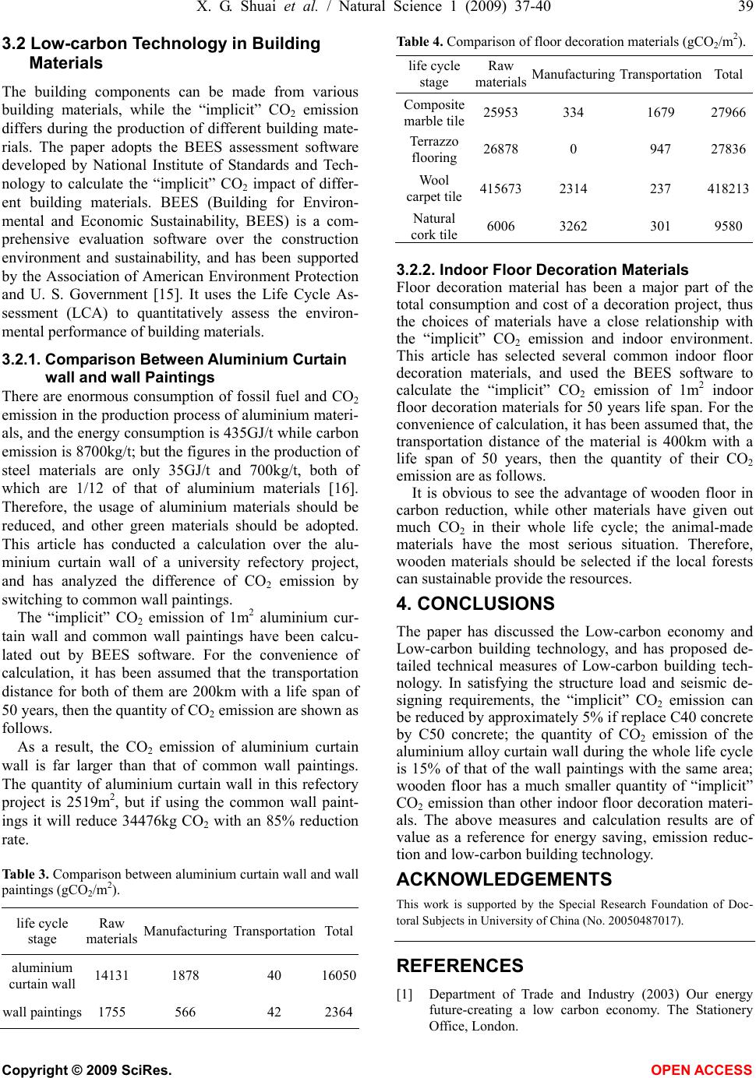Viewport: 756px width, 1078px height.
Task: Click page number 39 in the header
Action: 744,8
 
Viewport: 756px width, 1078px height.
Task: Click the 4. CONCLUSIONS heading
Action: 475,603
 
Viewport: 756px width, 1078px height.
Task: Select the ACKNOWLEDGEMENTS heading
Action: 504,879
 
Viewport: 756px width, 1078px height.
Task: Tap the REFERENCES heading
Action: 460,966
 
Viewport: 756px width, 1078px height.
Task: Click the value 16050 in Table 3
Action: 337,975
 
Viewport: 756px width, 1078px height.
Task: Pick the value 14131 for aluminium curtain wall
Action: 111,975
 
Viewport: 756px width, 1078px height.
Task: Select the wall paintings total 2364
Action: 337,1013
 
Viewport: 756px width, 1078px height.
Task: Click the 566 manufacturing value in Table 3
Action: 185,1013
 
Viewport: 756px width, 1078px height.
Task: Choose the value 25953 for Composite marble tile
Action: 500,113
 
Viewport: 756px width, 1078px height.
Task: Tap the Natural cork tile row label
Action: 434,225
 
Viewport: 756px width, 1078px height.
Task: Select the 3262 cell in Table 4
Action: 574,226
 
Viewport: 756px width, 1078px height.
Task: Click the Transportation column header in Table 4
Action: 659,74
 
